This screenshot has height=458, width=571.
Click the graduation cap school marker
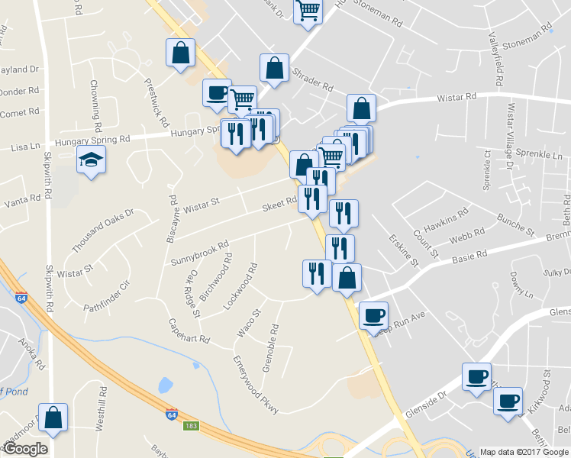(x=91, y=161)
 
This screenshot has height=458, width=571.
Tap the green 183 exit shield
(x=190, y=424)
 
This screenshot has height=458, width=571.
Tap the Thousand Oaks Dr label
(x=102, y=231)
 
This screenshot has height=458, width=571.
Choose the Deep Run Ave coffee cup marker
(x=373, y=316)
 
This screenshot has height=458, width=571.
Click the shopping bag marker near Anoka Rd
(x=53, y=418)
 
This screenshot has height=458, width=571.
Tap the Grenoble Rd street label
(x=269, y=347)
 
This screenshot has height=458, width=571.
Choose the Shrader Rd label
(x=313, y=82)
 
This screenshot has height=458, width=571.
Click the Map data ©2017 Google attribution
(x=524, y=451)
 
